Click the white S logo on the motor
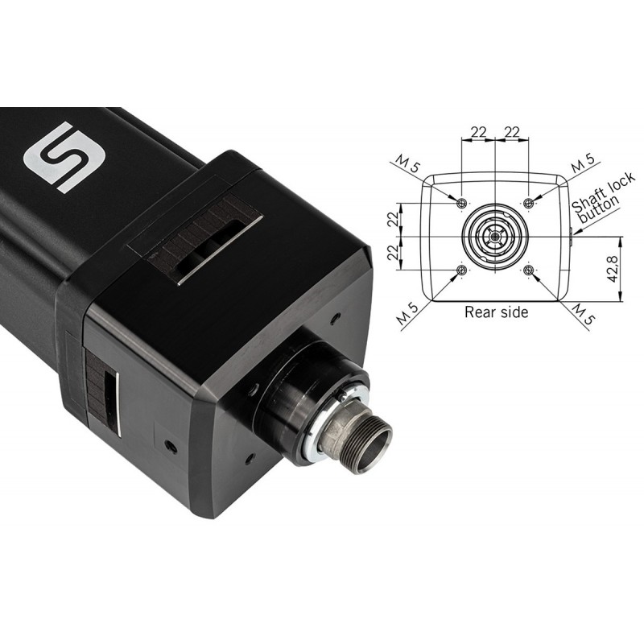click(65, 157)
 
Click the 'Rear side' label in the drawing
click(496, 312)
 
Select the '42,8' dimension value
click(613, 269)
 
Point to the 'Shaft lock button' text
click(601, 198)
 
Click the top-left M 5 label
click(409, 163)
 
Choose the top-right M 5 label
click(583, 163)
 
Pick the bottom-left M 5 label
click(408, 314)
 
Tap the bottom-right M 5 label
click(583, 314)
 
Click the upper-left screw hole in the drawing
click(462, 203)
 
